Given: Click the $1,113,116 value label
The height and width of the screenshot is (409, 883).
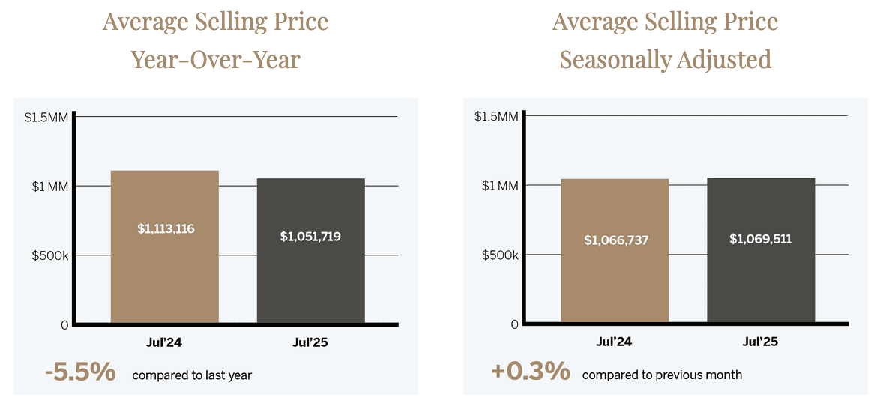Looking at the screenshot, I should coord(166,228).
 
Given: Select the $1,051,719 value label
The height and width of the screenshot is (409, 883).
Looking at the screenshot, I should coord(311,236).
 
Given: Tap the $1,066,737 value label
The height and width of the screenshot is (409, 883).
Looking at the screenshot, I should coord(616,240).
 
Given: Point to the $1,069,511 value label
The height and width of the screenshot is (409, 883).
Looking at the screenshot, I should coord(760,239).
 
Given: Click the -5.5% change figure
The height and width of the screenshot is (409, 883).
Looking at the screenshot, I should coord(79,372).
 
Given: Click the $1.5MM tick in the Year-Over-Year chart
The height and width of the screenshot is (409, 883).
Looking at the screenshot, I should coord(46,117).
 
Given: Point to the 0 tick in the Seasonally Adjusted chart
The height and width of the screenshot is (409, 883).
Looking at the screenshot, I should coord(514,324).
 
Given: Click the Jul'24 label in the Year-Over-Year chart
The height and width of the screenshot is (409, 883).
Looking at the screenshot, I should coord(164,342).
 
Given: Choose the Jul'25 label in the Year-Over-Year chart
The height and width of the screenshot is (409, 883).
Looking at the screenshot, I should coord(310,342).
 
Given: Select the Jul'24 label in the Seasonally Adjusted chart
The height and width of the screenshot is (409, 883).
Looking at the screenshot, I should coord(614,342).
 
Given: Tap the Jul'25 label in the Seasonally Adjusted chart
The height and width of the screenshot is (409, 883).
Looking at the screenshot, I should coord(760,342).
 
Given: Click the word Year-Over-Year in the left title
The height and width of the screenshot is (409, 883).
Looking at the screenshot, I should coord(216,59).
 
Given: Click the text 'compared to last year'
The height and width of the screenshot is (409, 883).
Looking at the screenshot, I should coord(192,375).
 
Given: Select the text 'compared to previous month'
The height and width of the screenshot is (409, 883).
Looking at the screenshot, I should coord(662,374).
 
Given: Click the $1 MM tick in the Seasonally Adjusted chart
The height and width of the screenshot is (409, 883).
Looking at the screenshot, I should coord(500,186).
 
